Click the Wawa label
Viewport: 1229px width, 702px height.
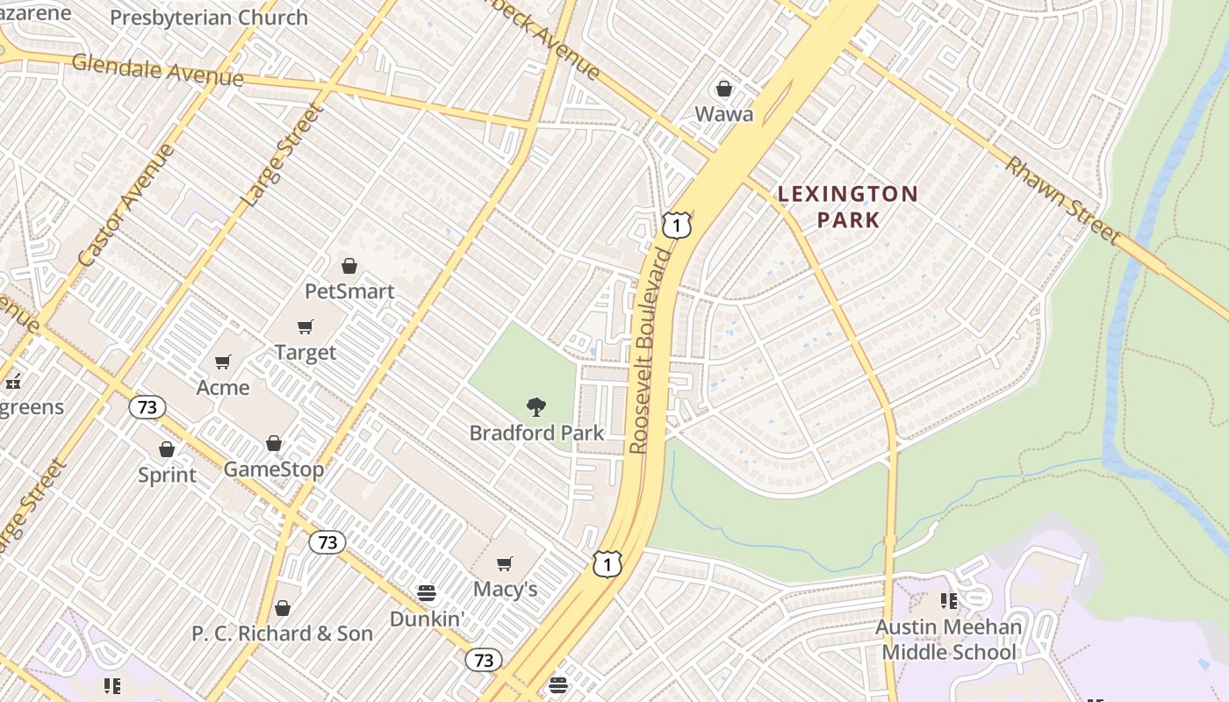[x=724, y=114]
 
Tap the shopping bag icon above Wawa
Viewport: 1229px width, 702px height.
[x=724, y=89]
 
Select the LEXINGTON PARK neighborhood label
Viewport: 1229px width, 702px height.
[x=848, y=206]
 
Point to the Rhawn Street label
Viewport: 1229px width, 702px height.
[x=1063, y=201]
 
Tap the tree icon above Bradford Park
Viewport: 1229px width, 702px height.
[x=535, y=406]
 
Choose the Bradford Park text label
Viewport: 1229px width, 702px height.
[x=536, y=433]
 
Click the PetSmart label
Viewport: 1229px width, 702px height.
[x=349, y=290]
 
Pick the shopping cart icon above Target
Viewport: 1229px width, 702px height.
[x=305, y=327]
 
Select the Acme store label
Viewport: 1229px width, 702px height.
[x=223, y=387]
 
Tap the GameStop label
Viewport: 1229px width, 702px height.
[x=274, y=469]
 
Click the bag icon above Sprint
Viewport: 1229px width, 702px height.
[x=167, y=449]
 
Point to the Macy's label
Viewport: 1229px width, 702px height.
[x=505, y=588]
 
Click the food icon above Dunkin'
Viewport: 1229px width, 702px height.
[x=427, y=593]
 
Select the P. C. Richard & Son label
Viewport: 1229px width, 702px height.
[x=282, y=633]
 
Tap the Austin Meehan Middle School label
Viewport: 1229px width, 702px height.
[x=948, y=640]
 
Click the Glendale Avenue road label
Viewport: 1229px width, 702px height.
[x=158, y=69]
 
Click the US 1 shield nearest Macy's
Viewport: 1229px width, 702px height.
[x=607, y=564]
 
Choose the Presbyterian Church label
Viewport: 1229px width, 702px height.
[x=209, y=18]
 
